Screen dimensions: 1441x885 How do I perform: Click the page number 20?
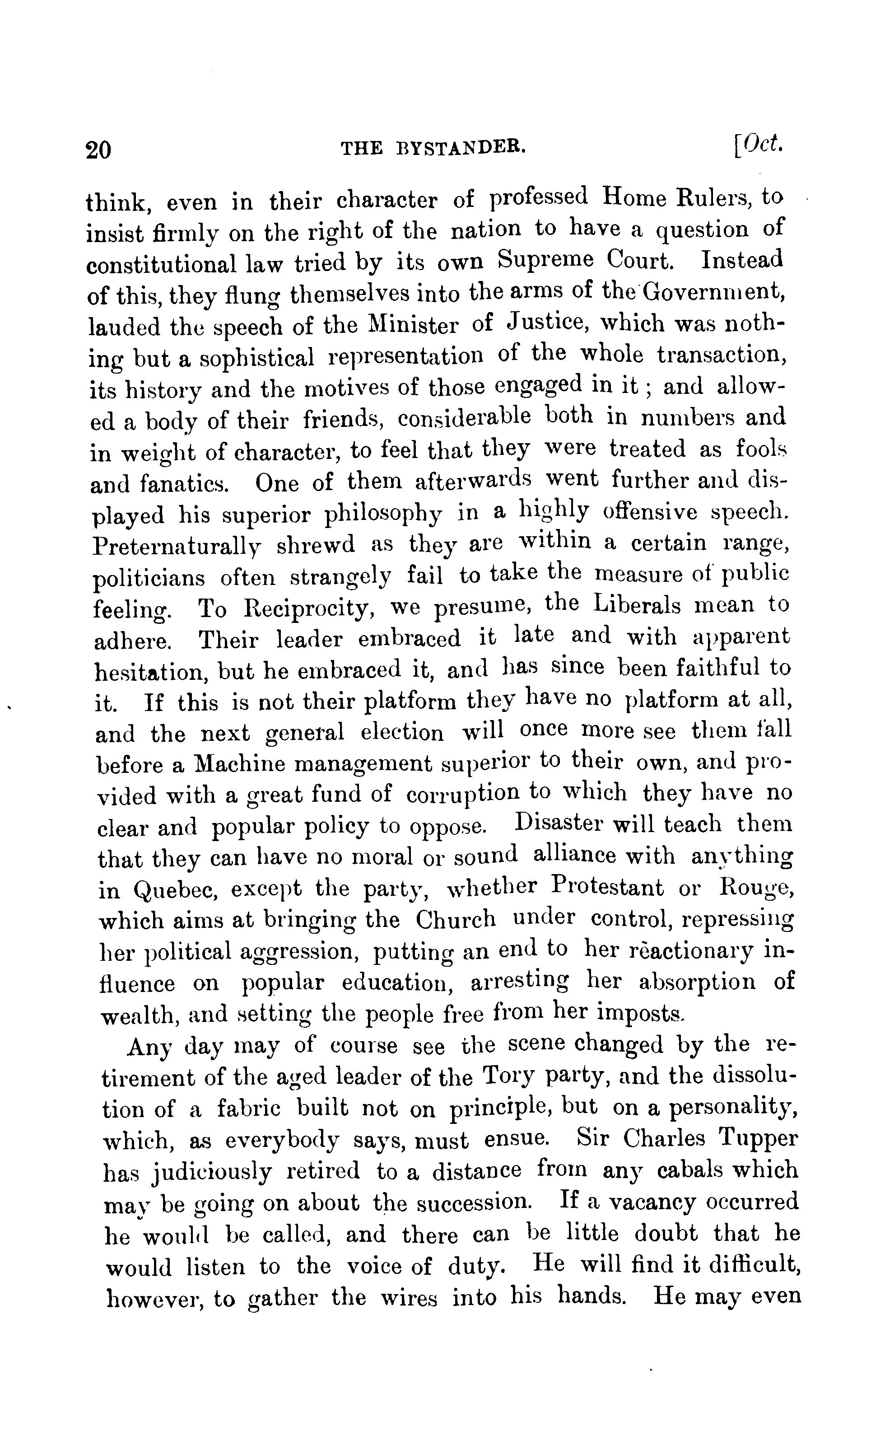[x=98, y=150]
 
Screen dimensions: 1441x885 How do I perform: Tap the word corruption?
[x=462, y=795]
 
